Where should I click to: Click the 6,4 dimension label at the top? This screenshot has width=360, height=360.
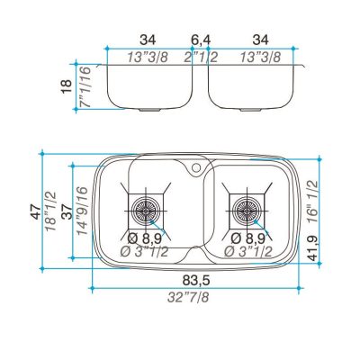(x=201, y=40)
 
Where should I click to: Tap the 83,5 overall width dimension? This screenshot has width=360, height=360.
(x=196, y=281)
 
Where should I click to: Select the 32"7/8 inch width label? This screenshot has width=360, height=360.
(x=188, y=297)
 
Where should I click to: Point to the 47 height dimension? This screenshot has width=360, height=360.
(x=36, y=211)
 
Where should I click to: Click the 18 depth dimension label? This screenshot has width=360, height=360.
(x=67, y=86)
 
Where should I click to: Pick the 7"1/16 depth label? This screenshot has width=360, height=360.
(x=84, y=86)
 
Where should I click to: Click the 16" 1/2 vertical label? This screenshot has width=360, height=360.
(x=312, y=202)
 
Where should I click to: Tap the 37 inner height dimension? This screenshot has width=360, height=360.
(x=67, y=211)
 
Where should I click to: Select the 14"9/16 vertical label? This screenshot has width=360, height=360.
(x=82, y=211)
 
